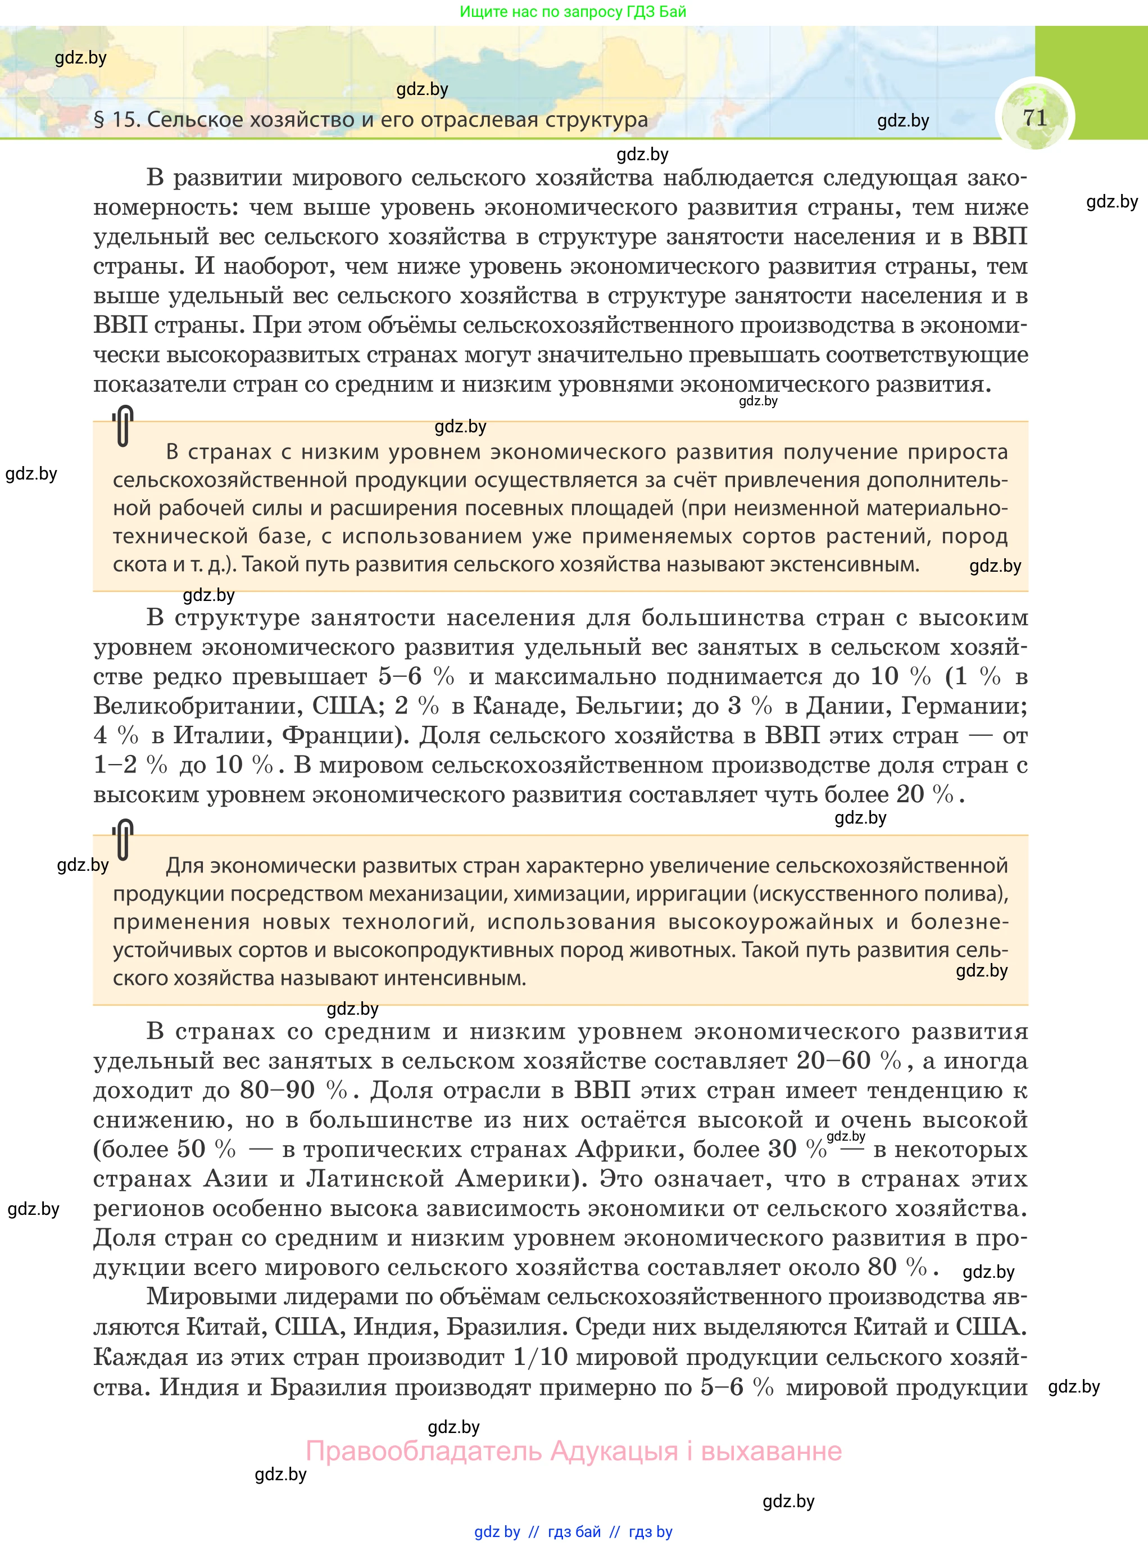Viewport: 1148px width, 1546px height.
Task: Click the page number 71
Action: [x=1034, y=117]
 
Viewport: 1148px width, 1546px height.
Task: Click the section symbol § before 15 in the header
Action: [x=99, y=120]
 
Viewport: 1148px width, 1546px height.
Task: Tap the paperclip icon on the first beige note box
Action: [x=123, y=426]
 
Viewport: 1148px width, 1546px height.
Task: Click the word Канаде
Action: [x=519, y=706]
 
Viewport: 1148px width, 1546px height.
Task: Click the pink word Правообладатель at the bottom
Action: [x=424, y=1452]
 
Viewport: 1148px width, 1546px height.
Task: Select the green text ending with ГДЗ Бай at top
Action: [x=573, y=12]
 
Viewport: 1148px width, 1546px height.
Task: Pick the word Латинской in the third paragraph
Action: [x=375, y=1179]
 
